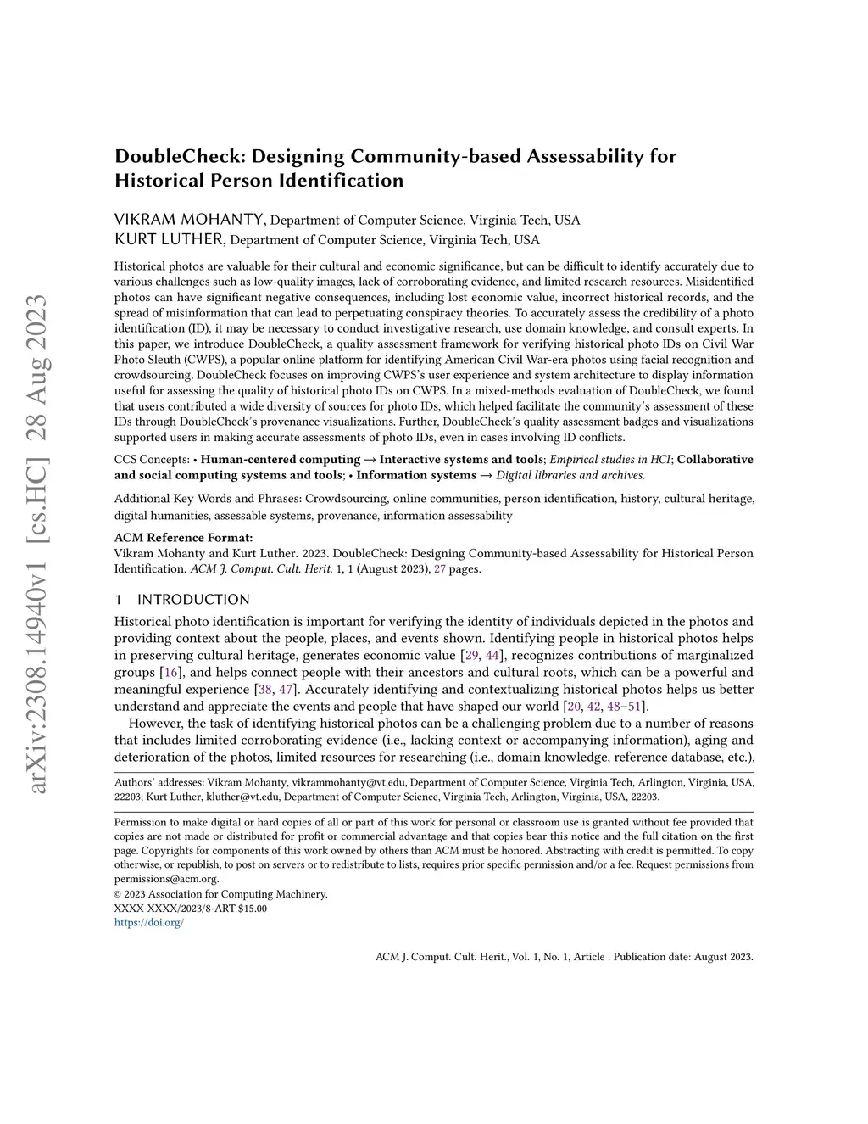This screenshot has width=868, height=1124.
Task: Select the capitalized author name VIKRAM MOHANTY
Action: pyautogui.click(x=190, y=220)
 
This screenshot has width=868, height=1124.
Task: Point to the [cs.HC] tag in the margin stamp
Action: pyautogui.click(x=38, y=484)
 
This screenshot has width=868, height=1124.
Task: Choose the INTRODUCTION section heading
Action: pyautogui.click(x=193, y=600)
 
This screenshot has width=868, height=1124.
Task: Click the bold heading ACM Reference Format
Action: pyautogui.click(x=183, y=538)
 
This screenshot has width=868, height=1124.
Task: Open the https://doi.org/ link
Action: pyautogui.click(x=149, y=922)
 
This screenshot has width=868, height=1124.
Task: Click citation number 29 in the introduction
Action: pyautogui.click(x=472, y=656)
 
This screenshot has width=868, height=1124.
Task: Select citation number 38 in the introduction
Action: pyautogui.click(x=265, y=690)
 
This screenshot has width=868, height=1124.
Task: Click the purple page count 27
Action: pyautogui.click(x=440, y=569)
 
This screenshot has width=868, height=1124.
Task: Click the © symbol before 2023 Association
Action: pyautogui.click(x=118, y=894)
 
